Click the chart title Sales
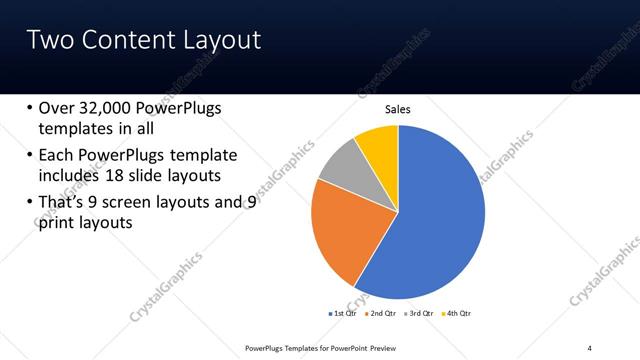click(398, 109)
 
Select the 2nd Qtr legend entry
click(380, 313)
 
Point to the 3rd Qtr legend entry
click(417, 313)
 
